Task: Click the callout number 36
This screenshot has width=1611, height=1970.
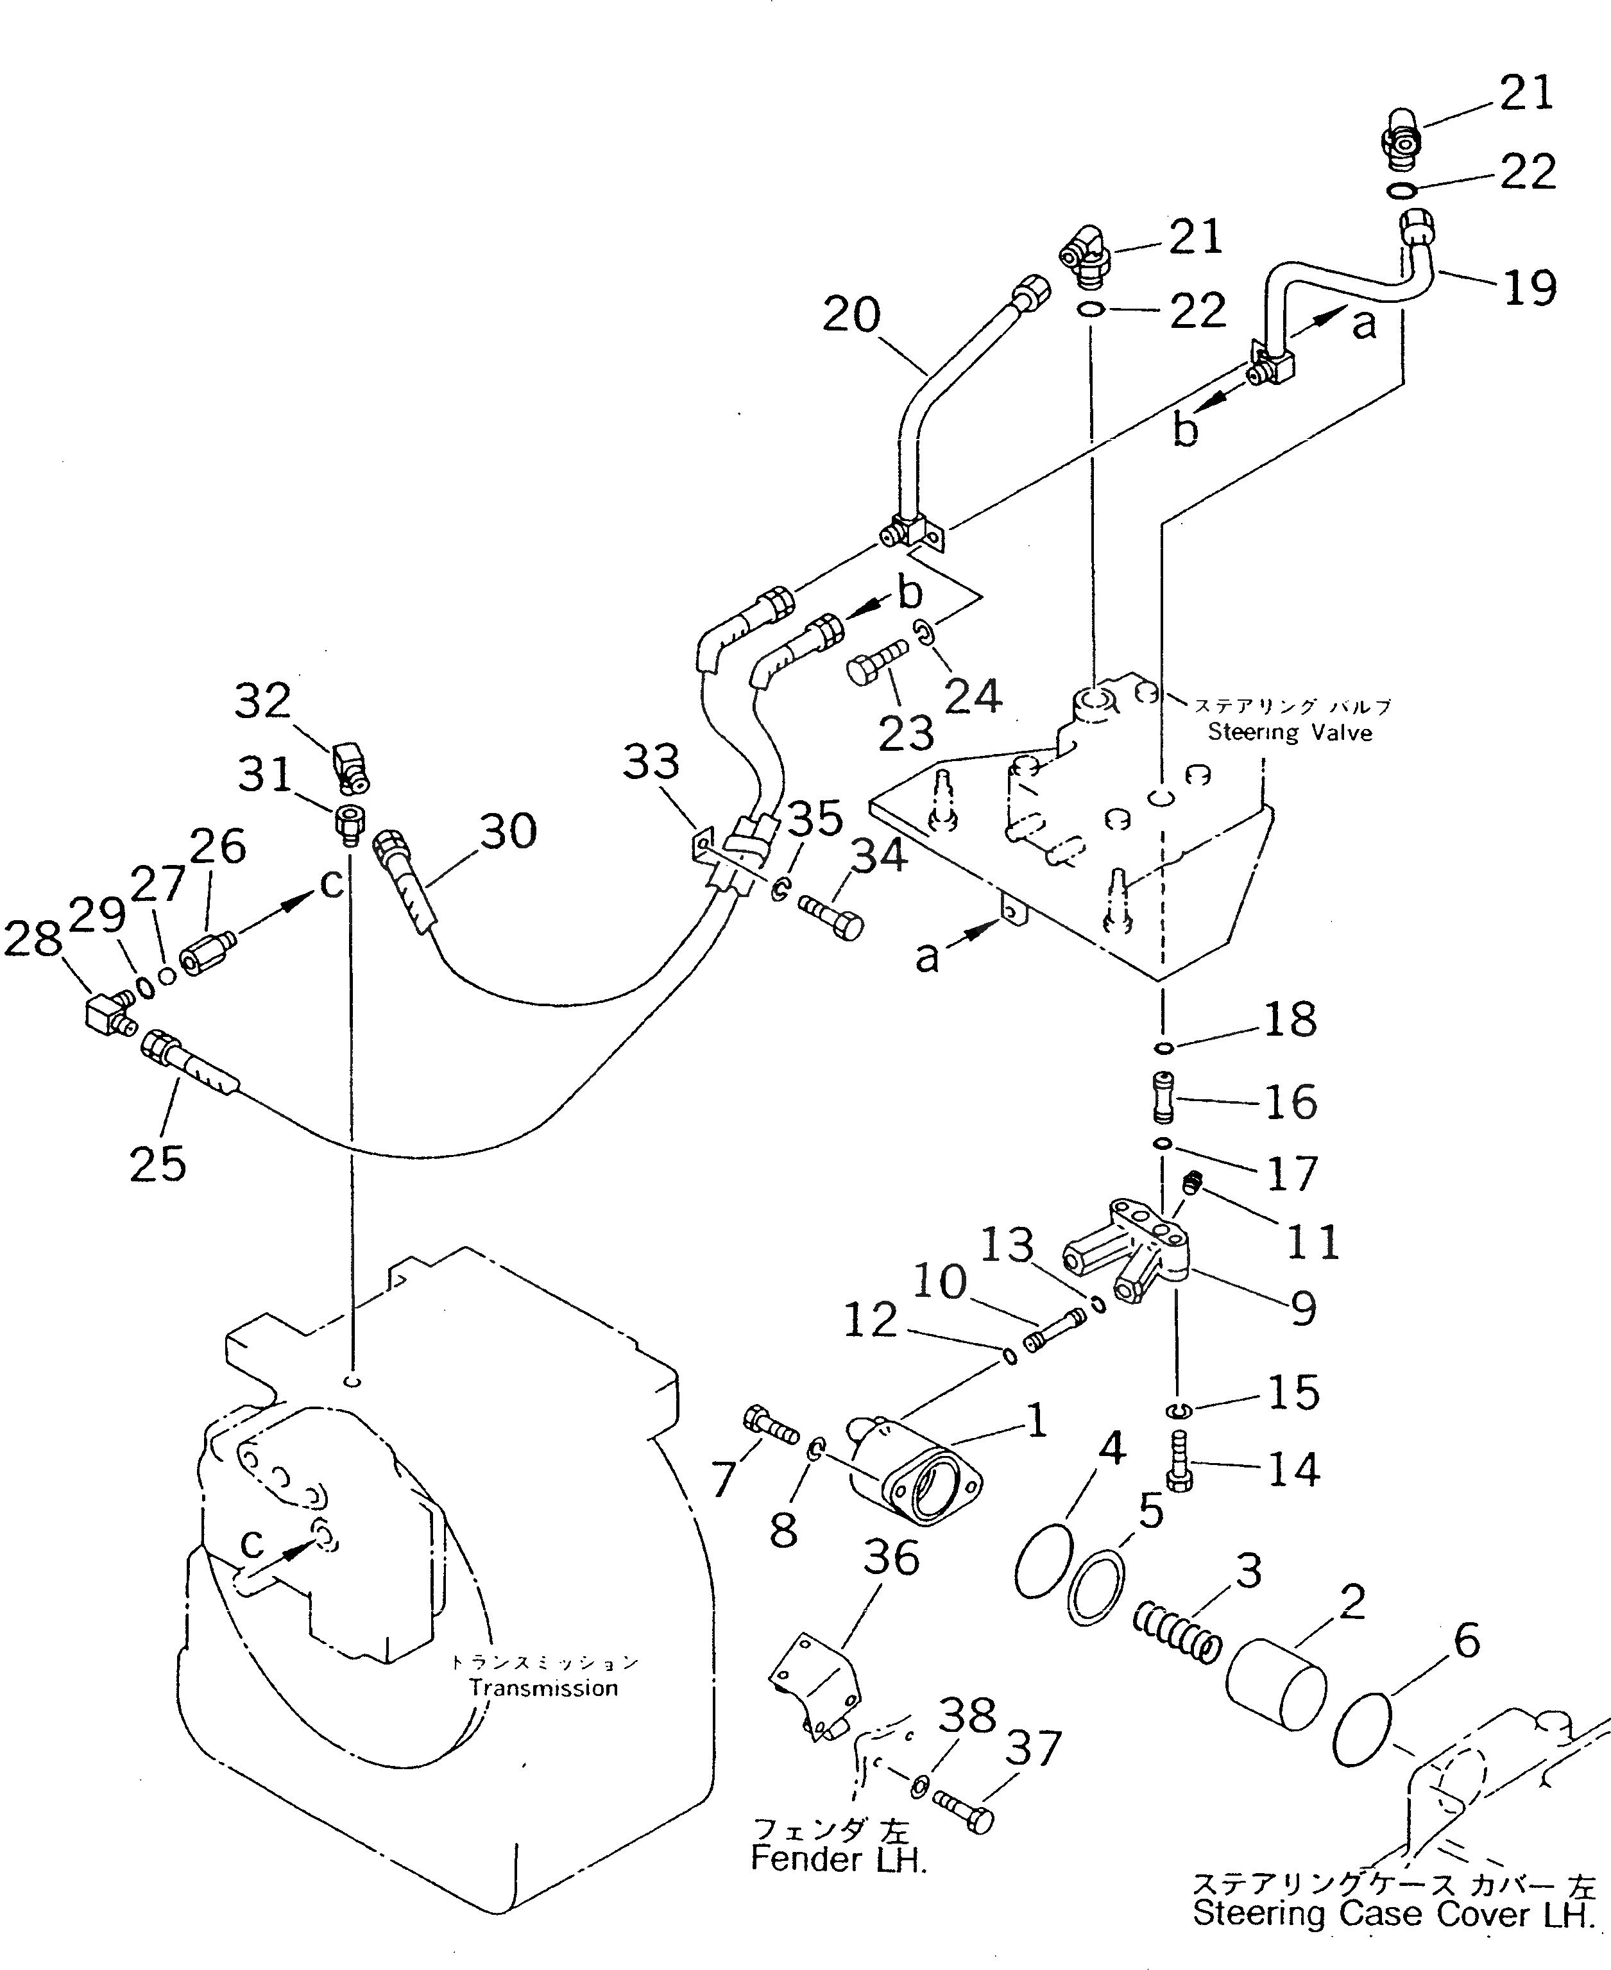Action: pos(891,1558)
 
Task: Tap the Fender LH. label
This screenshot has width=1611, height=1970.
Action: pos(838,1858)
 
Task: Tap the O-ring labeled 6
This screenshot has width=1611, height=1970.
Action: pos(1360,1731)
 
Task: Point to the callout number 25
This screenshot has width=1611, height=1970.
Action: pos(158,1163)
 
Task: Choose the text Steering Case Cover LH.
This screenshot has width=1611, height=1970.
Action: pos(1392,1914)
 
